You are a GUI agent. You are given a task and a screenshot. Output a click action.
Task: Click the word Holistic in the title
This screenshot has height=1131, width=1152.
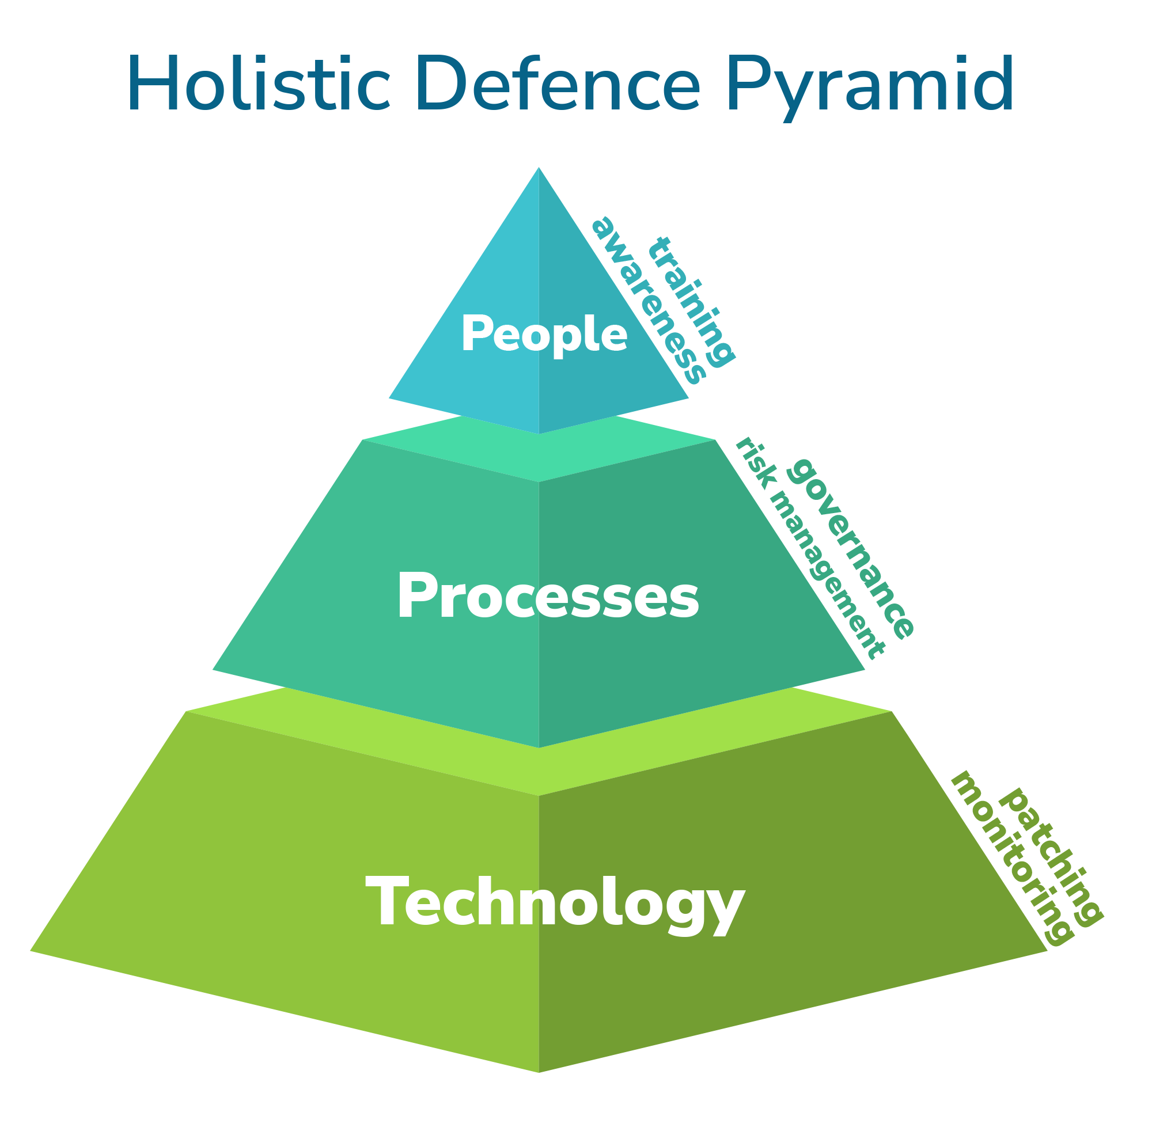259,83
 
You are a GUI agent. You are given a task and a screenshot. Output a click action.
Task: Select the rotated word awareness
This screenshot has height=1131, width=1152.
649,300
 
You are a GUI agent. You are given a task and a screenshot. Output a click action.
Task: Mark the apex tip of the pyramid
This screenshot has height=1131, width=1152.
539,168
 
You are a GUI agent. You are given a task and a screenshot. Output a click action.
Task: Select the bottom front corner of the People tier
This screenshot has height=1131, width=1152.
539,434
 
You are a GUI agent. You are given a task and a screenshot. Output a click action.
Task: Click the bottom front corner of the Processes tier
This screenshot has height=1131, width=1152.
539,747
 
